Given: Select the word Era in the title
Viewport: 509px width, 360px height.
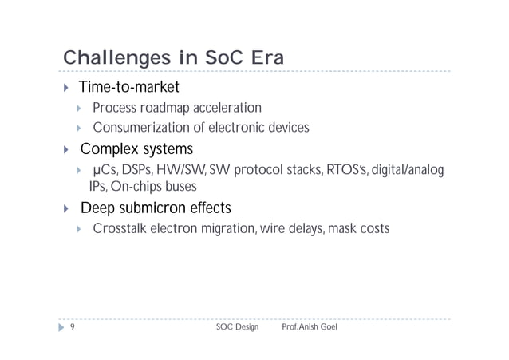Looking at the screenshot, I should point(261,59).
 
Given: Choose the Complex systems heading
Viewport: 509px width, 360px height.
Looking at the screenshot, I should point(136,149).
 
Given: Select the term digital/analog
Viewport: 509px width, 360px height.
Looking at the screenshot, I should point(408,170).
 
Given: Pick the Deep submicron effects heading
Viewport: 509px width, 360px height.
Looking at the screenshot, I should point(155,208).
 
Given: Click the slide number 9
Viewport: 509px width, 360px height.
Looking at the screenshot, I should point(73,328).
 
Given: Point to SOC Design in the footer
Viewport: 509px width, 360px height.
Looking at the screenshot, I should point(237,328).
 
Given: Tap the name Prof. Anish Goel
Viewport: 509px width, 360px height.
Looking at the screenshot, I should point(310,328).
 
